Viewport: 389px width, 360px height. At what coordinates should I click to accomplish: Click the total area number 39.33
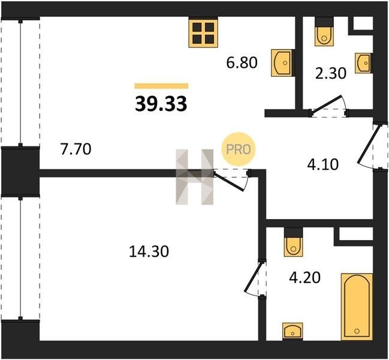161,104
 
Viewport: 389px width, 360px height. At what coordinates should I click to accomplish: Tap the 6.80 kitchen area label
242,62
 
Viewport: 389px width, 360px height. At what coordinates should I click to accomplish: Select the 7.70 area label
76,149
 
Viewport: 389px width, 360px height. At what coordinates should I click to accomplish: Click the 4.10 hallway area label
322,164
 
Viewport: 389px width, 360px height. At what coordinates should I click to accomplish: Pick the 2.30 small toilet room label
330,73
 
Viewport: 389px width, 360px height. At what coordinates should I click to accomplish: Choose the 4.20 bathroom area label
305,278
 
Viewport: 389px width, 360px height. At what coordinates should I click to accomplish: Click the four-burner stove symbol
203,33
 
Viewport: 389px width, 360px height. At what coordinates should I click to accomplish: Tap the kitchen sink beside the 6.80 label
282,63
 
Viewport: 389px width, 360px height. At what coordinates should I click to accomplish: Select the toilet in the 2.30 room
324,32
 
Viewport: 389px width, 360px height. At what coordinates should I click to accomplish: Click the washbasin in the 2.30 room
364,63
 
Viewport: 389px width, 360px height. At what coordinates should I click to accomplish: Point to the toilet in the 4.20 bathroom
294,242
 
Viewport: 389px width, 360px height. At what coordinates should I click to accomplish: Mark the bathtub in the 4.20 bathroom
357,307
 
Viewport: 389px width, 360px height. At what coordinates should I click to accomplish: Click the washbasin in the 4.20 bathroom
292,331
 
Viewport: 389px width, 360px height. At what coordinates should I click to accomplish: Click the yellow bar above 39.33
161,86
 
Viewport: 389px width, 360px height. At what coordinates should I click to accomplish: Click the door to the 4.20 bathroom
253,277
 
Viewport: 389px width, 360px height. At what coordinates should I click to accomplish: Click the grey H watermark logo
194,177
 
